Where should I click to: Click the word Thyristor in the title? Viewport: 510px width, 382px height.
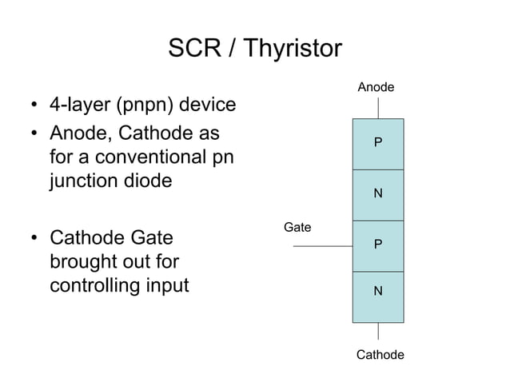[x=292, y=50]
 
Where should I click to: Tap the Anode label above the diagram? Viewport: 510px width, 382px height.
[x=376, y=86]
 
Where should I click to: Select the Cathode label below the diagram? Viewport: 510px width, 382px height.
[x=379, y=354]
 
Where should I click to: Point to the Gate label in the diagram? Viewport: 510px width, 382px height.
[x=297, y=228]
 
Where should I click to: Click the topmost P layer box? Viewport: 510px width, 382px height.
[x=378, y=144]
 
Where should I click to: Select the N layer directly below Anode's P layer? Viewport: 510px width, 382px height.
[x=378, y=194]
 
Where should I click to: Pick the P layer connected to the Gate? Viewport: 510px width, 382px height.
[x=378, y=245]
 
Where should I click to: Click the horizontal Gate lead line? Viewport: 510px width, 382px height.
[x=322, y=246]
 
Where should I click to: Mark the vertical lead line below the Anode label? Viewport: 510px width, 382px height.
[x=378, y=108]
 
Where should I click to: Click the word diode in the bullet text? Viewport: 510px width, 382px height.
[x=147, y=181]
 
